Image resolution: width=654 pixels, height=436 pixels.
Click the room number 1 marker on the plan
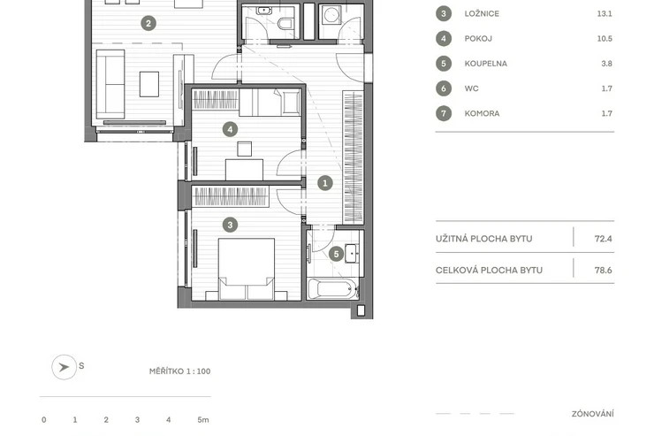coord(325,183)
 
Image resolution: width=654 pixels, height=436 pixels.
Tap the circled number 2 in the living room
coord(148,23)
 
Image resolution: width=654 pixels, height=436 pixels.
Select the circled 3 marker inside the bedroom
coord(230,225)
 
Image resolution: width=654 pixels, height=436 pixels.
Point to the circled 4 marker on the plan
coord(230,129)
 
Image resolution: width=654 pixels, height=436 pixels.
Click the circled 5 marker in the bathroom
coord(336,254)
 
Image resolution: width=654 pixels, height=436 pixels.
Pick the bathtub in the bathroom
coord(333,288)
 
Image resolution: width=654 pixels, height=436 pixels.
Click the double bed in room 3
coord(246,269)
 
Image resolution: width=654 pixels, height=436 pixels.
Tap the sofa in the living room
coord(110,85)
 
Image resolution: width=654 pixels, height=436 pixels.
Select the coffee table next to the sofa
coord(148,84)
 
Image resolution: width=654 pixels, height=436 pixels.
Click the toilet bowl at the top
coord(285,23)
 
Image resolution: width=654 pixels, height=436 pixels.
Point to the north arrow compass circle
coord(65,367)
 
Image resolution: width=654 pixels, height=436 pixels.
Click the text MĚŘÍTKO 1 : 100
coord(179,371)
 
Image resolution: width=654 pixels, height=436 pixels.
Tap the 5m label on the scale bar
coord(203,420)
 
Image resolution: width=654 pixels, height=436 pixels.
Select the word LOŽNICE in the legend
coord(482,14)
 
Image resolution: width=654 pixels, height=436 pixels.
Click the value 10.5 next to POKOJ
coord(605,39)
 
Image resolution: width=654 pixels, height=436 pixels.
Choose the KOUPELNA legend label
coord(486,64)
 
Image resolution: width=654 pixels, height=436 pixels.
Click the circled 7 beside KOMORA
coord(444,113)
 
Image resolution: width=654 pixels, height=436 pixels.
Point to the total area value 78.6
coord(603,271)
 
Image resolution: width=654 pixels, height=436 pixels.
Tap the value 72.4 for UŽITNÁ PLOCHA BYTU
coord(603,239)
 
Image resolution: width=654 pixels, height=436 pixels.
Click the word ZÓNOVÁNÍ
coord(593,414)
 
